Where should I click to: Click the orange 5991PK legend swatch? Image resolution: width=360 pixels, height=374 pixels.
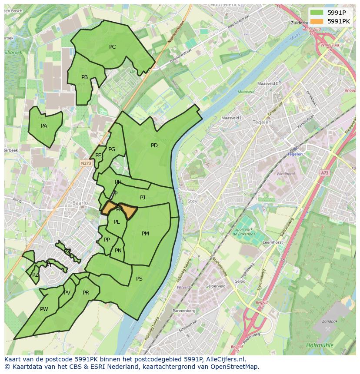pos(317,21)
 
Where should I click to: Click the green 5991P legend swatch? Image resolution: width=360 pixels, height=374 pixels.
pos(317,13)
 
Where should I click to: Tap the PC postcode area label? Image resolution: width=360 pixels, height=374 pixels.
pos(112,47)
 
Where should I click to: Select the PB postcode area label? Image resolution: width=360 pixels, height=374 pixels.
pos(84,77)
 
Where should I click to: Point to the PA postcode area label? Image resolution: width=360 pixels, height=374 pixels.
pos(44,126)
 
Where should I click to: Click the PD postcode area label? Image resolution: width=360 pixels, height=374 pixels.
pos(154,146)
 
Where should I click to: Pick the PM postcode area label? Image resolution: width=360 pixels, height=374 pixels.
pos(145,234)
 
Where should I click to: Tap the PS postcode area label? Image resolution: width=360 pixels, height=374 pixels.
pos(139,279)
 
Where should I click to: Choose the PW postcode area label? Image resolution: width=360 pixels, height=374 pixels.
pos(44,309)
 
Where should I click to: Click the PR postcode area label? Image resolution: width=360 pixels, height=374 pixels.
pos(86,293)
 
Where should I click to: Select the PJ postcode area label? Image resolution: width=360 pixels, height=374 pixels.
pos(143,198)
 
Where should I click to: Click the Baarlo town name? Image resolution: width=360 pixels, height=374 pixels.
pos(80,203)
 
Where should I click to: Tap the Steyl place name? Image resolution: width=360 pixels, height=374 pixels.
pos(193,201)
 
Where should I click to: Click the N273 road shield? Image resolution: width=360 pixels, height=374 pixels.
pos(86,163)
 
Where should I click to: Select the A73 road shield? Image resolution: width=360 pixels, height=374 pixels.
pos(325,173)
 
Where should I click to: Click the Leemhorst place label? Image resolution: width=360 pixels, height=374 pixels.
pos(273,242)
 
